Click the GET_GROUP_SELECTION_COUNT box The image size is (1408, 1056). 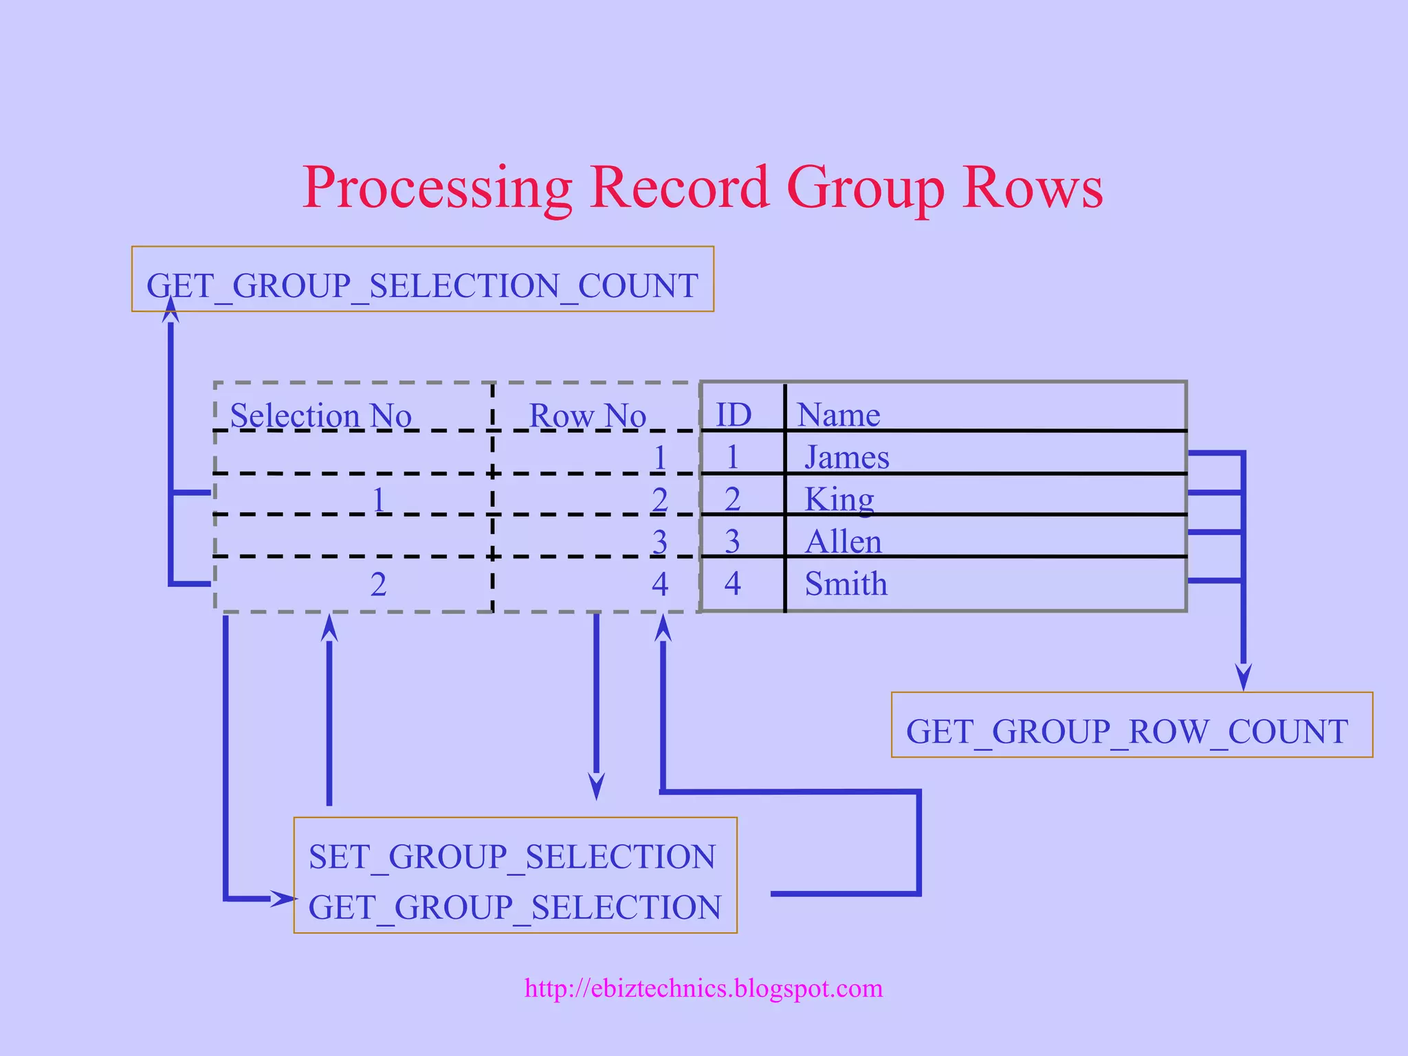(x=422, y=280)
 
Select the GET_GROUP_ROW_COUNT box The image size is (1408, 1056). (x=1131, y=725)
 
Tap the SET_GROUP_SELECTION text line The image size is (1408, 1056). (x=512, y=857)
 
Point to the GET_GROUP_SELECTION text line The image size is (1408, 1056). (x=515, y=907)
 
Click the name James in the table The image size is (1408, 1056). (x=846, y=457)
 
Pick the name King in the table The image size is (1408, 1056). (x=839, y=499)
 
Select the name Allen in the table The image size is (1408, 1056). (x=843, y=542)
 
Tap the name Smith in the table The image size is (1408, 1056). (x=846, y=584)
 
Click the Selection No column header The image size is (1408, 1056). (x=320, y=416)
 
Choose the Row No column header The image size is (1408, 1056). (x=587, y=416)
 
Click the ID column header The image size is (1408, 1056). (x=734, y=415)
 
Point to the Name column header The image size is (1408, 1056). (x=838, y=415)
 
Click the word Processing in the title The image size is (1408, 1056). (x=437, y=187)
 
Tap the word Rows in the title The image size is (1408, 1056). (x=1033, y=187)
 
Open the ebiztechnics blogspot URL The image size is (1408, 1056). (x=703, y=988)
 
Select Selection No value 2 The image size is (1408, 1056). (x=378, y=584)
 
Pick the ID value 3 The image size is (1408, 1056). (x=732, y=542)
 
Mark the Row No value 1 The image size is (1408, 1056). (x=660, y=458)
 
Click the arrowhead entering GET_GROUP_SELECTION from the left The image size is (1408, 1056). (x=283, y=898)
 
